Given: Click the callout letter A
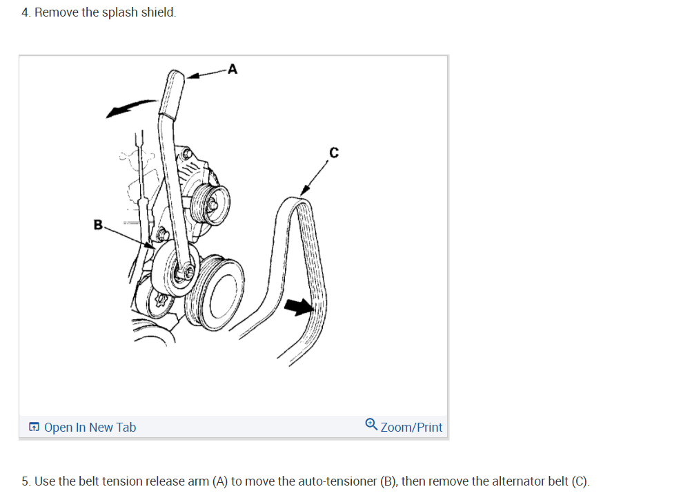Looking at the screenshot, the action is point(232,68).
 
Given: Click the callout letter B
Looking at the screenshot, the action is point(98,224).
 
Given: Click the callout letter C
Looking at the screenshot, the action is point(334,153).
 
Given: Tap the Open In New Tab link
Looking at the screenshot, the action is point(90,428).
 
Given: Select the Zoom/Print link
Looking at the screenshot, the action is point(411,428).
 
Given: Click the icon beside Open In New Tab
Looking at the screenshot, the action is point(34,428).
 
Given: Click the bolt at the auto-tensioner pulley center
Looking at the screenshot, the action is point(184,273).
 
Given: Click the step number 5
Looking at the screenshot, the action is point(26,481).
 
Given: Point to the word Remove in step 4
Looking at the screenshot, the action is point(56,12).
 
